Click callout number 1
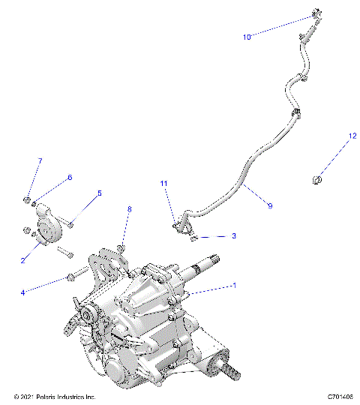(x=235, y=286)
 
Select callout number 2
(x=24, y=260)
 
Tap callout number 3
(x=233, y=235)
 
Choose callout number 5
(x=98, y=193)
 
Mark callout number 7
(x=40, y=160)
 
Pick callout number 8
(x=129, y=209)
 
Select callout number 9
(x=269, y=204)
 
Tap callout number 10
(x=247, y=35)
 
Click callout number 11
(x=164, y=184)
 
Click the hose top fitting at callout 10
(x=314, y=14)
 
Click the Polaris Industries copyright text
(x=55, y=396)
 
